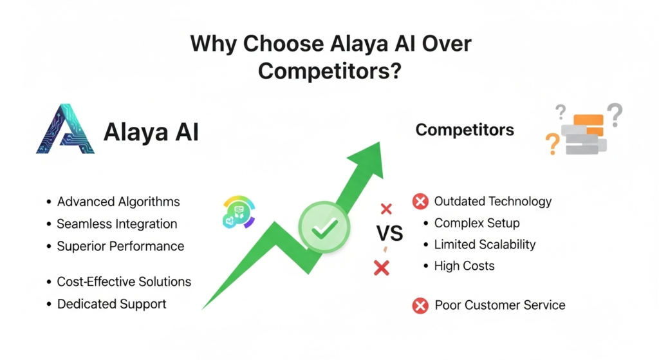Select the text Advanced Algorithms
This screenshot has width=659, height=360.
pyautogui.click(x=118, y=202)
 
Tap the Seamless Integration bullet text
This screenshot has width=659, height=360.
pyautogui.click(x=116, y=224)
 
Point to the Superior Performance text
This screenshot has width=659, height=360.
pyautogui.click(x=120, y=246)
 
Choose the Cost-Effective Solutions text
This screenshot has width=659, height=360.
pyautogui.click(x=124, y=281)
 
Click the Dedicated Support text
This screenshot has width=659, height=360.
pyautogui.click(x=111, y=303)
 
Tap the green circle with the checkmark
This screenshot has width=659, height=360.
pyautogui.click(x=324, y=226)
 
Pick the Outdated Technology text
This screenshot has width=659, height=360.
pyautogui.click(x=492, y=201)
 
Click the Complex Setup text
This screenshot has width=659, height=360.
pyautogui.click(x=477, y=223)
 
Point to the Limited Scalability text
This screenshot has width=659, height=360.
pyautogui.click(x=485, y=244)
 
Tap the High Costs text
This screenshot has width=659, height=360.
pyautogui.click(x=464, y=265)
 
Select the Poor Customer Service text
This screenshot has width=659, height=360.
pyautogui.click(x=500, y=305)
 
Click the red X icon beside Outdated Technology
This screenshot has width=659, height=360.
pyautogui.click(x=420, y=202)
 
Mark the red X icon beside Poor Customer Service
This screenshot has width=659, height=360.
pyautogui.click(x=420, y=305)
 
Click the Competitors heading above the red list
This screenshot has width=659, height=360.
pyautogui.click(x=465, y=130)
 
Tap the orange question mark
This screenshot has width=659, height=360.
pyautogui.click(x=552, y=144)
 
